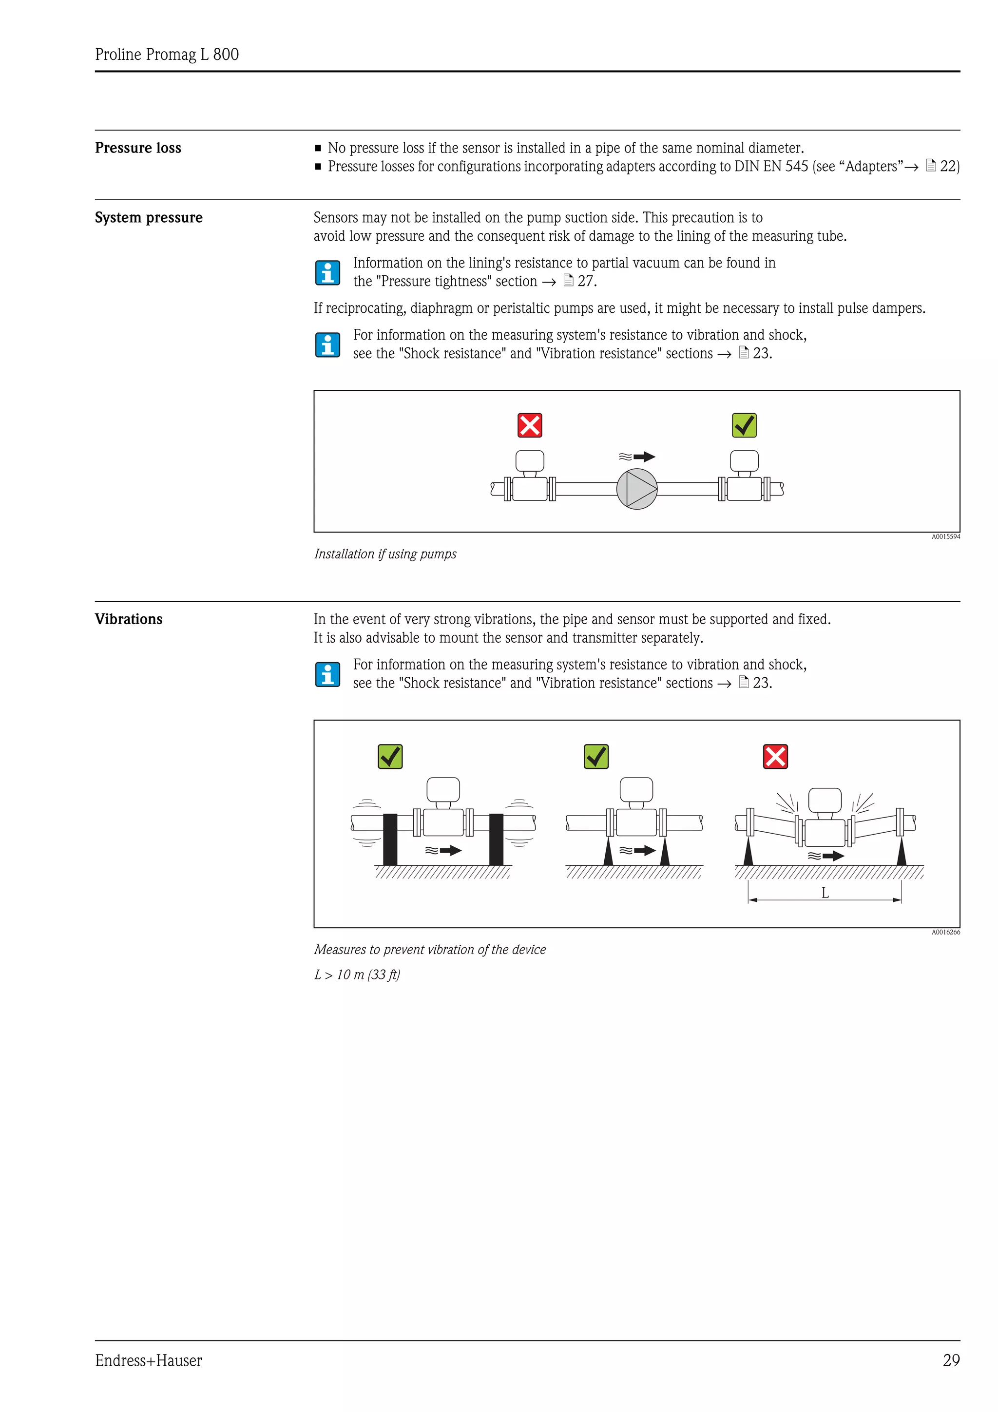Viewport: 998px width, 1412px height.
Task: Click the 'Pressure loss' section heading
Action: (x=138, y=148)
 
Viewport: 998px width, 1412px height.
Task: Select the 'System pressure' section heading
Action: (x=148, y=218)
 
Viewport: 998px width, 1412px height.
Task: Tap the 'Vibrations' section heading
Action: (x=129, y=619)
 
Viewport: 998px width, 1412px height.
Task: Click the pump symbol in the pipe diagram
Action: (x=637, y=489)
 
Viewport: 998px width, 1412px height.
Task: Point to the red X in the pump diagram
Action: (x=529, y=425)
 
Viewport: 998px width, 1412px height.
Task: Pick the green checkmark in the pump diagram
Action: (x=744, y=425)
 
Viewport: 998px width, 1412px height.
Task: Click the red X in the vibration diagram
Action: (x=775, y=756)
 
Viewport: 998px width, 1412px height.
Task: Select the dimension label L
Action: (x=825, y=893)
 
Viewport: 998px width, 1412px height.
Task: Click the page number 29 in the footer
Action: (x=951, y=1360)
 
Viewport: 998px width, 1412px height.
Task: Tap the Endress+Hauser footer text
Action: (x=148, y=1360)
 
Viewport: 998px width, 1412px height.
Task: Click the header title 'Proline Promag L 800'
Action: (x=167, y=55)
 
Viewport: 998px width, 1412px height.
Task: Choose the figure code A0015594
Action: (x=945, y=537)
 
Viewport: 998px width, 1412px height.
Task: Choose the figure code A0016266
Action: (x=945, y=932)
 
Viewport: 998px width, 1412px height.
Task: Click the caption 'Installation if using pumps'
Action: (x=385, y=554)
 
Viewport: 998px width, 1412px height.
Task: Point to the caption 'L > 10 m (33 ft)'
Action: (x=357, y=975)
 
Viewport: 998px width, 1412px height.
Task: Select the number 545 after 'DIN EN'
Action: (x=796, y=167)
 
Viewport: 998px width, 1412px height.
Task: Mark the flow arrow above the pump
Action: (x=643, y=457)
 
